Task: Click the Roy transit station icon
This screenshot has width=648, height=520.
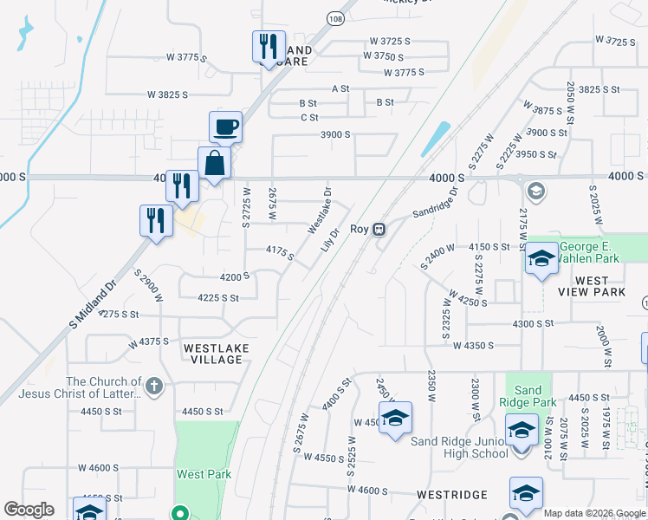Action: (379, 230)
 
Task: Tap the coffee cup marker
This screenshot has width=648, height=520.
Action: (225, 127)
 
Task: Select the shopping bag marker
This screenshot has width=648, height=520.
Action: (214, 162)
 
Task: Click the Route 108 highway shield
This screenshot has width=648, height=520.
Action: (335, 18)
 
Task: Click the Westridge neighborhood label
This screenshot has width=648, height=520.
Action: (452, 495)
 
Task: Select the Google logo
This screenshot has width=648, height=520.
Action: (29, 510)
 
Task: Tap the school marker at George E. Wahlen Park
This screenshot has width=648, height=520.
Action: (541, 259)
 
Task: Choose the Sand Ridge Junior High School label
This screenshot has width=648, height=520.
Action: (459, 447)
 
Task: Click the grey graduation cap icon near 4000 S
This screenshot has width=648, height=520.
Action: (535, 191)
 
